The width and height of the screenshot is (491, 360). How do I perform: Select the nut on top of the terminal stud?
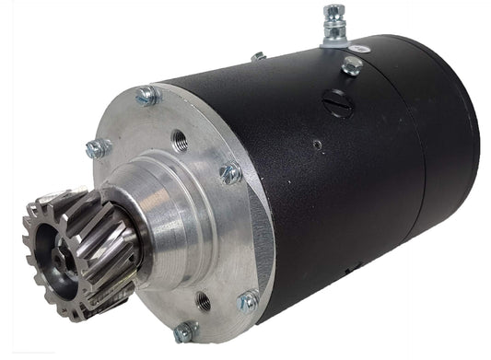click(332, 14)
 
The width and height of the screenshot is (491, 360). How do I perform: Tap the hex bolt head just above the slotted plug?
click(350, 66)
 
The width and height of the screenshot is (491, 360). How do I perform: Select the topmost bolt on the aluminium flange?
click(146, 94)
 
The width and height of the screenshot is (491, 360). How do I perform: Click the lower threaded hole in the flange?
click(204, 298)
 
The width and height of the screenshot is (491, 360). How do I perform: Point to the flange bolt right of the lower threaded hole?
click(247, 301)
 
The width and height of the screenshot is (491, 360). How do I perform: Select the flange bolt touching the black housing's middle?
click(229, 172)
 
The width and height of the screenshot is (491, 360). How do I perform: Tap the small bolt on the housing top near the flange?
click(258, 57)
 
